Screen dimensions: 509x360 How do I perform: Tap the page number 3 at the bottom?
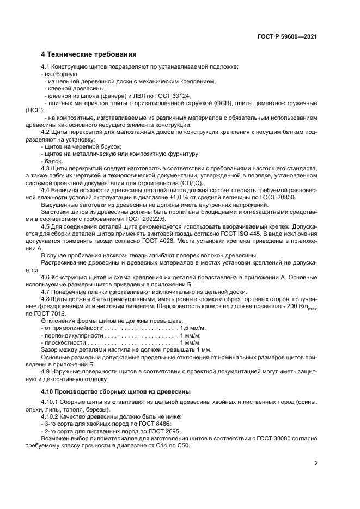click(316, 463)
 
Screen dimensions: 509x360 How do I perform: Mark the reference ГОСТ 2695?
click(165, 430)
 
